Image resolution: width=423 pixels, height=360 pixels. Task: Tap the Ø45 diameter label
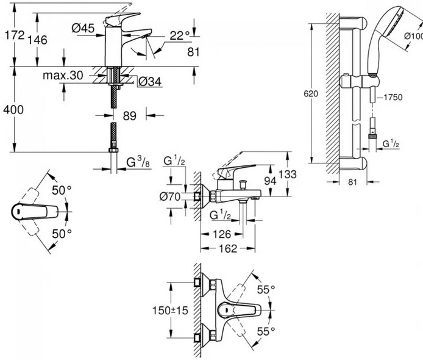[x=82, y=27]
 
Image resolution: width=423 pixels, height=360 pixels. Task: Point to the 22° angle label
[x=180, y=36]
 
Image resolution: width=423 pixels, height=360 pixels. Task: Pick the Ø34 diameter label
[x=149, y=81]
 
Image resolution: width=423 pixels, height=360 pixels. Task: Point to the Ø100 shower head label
[x=413, y=37]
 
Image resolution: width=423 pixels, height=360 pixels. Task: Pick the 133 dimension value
[x=286, y=175]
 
